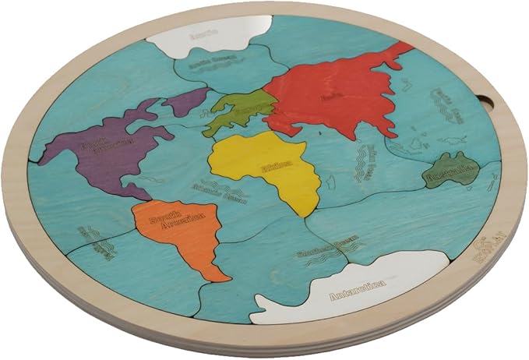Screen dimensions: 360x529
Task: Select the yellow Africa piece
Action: [x=269, y=164]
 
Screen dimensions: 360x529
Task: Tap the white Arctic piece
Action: [x=204, y=35]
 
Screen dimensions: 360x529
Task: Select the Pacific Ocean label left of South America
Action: [x=92, y=238]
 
